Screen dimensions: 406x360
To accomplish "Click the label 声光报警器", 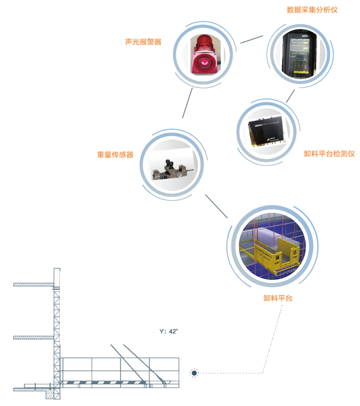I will pos(143,42).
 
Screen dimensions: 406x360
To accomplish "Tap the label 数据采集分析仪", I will pos(312,9).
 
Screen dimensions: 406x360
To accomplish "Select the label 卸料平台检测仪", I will pos(329,154).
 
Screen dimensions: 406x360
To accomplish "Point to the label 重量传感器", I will pos(115,154).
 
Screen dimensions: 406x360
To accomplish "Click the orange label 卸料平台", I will pos(277,298).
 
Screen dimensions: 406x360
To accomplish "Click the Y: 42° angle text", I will pos(169,332).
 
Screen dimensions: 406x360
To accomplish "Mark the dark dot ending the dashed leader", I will pos(194,373).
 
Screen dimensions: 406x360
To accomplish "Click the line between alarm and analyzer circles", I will pos(252,39).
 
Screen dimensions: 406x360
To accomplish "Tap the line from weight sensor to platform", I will pos(216,206).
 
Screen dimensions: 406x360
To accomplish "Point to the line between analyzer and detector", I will pos(290,96).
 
